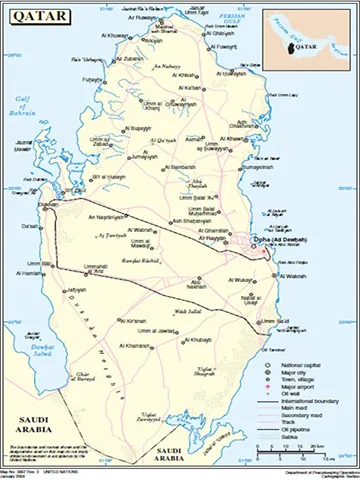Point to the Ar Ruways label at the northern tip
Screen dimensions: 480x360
pos(147,16)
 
